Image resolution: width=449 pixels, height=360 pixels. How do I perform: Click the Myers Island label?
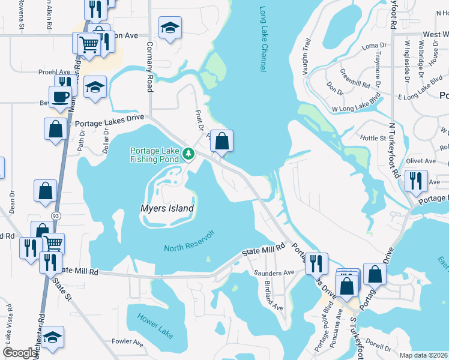coord(167,209)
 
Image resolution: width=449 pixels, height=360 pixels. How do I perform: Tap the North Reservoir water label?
coord(189,239)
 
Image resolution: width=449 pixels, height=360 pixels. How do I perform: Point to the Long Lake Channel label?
coord(262,40)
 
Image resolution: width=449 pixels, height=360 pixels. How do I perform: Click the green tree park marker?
coord(188,154)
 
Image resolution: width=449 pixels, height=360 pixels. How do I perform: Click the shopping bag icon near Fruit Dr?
coord(221,142)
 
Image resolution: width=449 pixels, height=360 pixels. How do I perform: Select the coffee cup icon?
coord(60,97)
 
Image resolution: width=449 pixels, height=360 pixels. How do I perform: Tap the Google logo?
coord(20,353)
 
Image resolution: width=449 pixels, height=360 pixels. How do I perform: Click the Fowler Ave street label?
coord(127,343)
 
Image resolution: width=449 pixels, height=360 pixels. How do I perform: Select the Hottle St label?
coord(373,139)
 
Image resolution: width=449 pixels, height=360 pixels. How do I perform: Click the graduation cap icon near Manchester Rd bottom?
coord(53,338)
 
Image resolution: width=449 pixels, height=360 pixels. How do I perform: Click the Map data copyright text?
coord(424,355)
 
